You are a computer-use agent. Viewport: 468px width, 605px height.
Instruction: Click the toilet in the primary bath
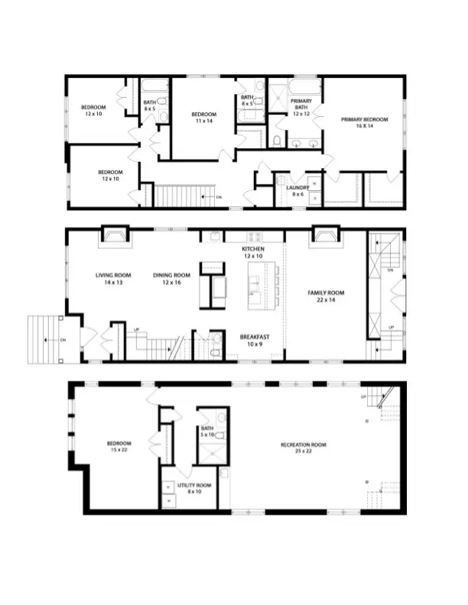(277, 140)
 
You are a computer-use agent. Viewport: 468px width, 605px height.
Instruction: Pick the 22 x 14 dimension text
(326, 300)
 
